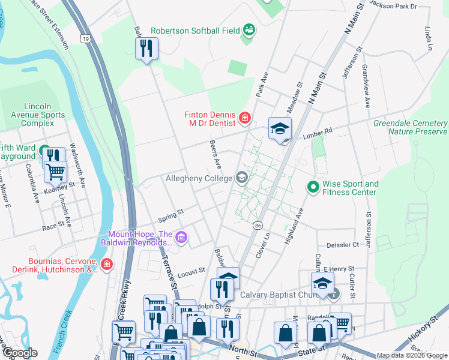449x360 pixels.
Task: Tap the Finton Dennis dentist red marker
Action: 244,118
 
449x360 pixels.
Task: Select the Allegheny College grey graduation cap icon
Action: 242,178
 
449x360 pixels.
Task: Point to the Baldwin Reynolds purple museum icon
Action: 182,238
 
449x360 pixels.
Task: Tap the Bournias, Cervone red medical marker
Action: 107,265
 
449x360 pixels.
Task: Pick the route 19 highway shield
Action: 87,38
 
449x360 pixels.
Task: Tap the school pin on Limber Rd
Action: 280,128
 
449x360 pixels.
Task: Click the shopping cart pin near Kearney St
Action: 55,172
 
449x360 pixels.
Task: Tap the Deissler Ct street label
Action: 342,245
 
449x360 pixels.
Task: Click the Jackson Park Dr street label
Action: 393,5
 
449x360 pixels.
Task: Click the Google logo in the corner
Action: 19,353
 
